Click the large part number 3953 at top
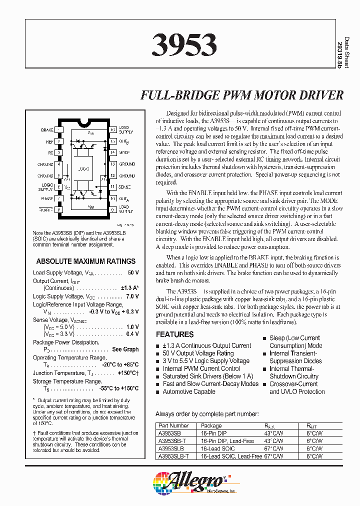183,45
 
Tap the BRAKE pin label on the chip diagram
47,130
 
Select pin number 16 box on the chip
113,130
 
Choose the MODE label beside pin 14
124,152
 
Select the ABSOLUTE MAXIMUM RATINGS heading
86,261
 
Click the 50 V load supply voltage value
133,273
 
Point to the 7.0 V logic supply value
132,296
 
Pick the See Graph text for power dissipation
125,349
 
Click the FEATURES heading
174,334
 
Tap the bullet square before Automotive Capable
158,392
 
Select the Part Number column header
172,426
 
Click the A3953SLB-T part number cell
173,456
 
